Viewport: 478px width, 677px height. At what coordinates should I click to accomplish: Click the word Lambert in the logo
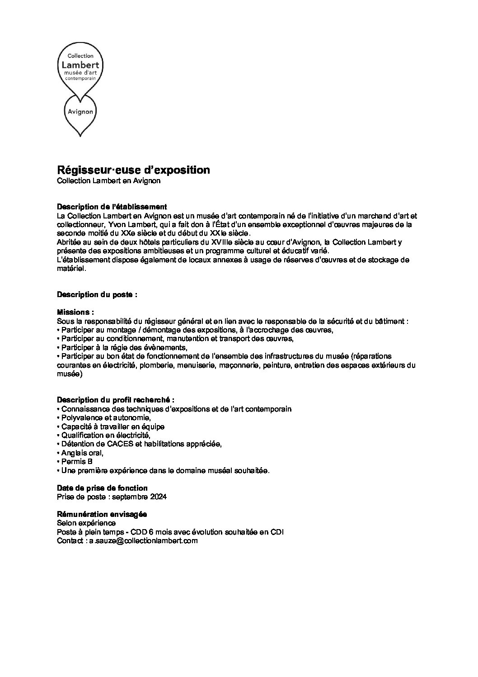80,65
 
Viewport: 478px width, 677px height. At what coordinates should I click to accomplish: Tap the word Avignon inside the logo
80,111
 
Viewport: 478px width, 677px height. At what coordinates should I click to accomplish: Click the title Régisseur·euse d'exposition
133,170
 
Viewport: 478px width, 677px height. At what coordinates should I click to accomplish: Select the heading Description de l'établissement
112,207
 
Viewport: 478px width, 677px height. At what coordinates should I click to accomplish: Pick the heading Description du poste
97,294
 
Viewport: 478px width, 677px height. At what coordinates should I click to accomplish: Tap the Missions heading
75,312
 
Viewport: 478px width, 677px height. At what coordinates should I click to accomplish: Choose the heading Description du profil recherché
116,400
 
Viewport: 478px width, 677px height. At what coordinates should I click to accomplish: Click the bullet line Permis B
76,462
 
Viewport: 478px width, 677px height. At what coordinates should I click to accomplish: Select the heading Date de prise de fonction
102,488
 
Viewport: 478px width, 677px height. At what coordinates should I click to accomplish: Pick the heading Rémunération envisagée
102,514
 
